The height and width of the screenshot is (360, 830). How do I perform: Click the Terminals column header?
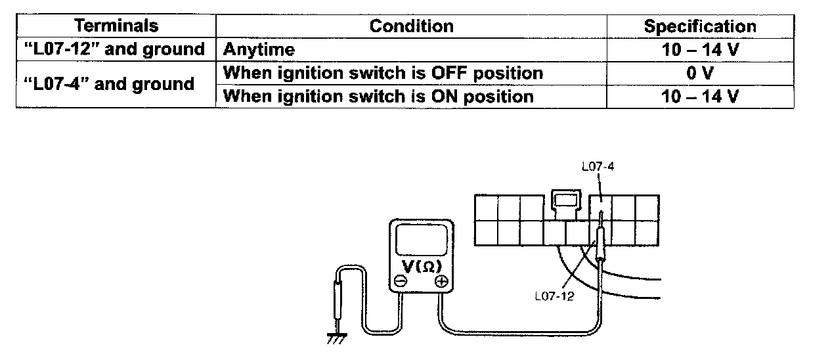click(116, 26)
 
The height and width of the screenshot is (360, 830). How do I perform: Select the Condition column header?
click(411, 26)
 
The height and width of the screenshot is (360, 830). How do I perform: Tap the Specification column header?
click(699, 26)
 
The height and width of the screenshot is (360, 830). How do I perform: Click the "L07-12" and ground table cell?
click(116, 49)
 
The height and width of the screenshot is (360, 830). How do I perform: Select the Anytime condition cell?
click(259, 49)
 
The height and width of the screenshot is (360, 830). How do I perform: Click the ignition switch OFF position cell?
click(383, 72)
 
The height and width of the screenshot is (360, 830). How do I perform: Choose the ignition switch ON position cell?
click(378, 97)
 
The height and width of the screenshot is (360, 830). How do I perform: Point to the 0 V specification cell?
click(699, 72)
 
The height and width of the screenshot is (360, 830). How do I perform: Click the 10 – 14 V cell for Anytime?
click(699, 49)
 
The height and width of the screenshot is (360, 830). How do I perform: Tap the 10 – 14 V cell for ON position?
click(699, 97)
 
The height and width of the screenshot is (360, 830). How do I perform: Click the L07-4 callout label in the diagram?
click(597, 167)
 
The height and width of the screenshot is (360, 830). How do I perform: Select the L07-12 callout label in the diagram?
click(554, 296)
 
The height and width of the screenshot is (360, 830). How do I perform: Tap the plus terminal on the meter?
click(441, 281)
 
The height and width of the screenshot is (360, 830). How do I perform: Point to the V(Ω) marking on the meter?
click(421, 266)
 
